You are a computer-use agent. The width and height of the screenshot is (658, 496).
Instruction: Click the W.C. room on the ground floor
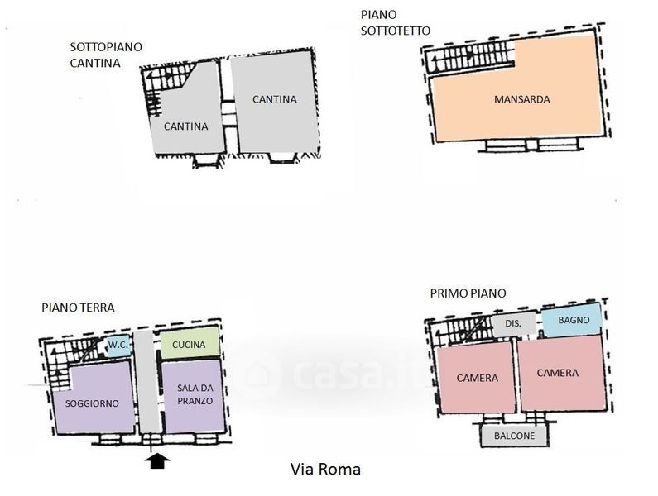118,345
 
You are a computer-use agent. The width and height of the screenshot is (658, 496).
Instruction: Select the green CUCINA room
190,343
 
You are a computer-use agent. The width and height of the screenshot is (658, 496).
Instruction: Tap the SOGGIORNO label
92,403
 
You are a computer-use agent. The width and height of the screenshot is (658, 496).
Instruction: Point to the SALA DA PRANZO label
195,394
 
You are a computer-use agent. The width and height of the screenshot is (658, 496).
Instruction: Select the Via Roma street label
325,469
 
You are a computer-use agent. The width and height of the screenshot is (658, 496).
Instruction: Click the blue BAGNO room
572,320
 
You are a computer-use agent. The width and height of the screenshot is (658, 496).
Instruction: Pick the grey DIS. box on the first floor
514,324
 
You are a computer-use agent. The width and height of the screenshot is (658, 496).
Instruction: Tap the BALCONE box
515,436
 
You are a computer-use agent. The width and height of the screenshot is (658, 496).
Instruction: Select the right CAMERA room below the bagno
561,372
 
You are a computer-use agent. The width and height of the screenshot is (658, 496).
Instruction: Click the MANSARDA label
521,99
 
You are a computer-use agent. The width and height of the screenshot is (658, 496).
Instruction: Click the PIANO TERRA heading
78,308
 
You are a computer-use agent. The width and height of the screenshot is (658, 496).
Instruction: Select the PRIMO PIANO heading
468,293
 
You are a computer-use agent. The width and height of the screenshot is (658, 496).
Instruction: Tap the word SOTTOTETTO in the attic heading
396,31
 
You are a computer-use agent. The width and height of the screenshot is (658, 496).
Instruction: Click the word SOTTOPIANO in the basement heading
106,47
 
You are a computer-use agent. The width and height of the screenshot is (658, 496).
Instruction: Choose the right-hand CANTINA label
275,99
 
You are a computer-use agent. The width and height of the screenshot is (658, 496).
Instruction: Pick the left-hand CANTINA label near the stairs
185,126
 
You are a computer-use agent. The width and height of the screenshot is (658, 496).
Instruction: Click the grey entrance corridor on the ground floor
147,381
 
